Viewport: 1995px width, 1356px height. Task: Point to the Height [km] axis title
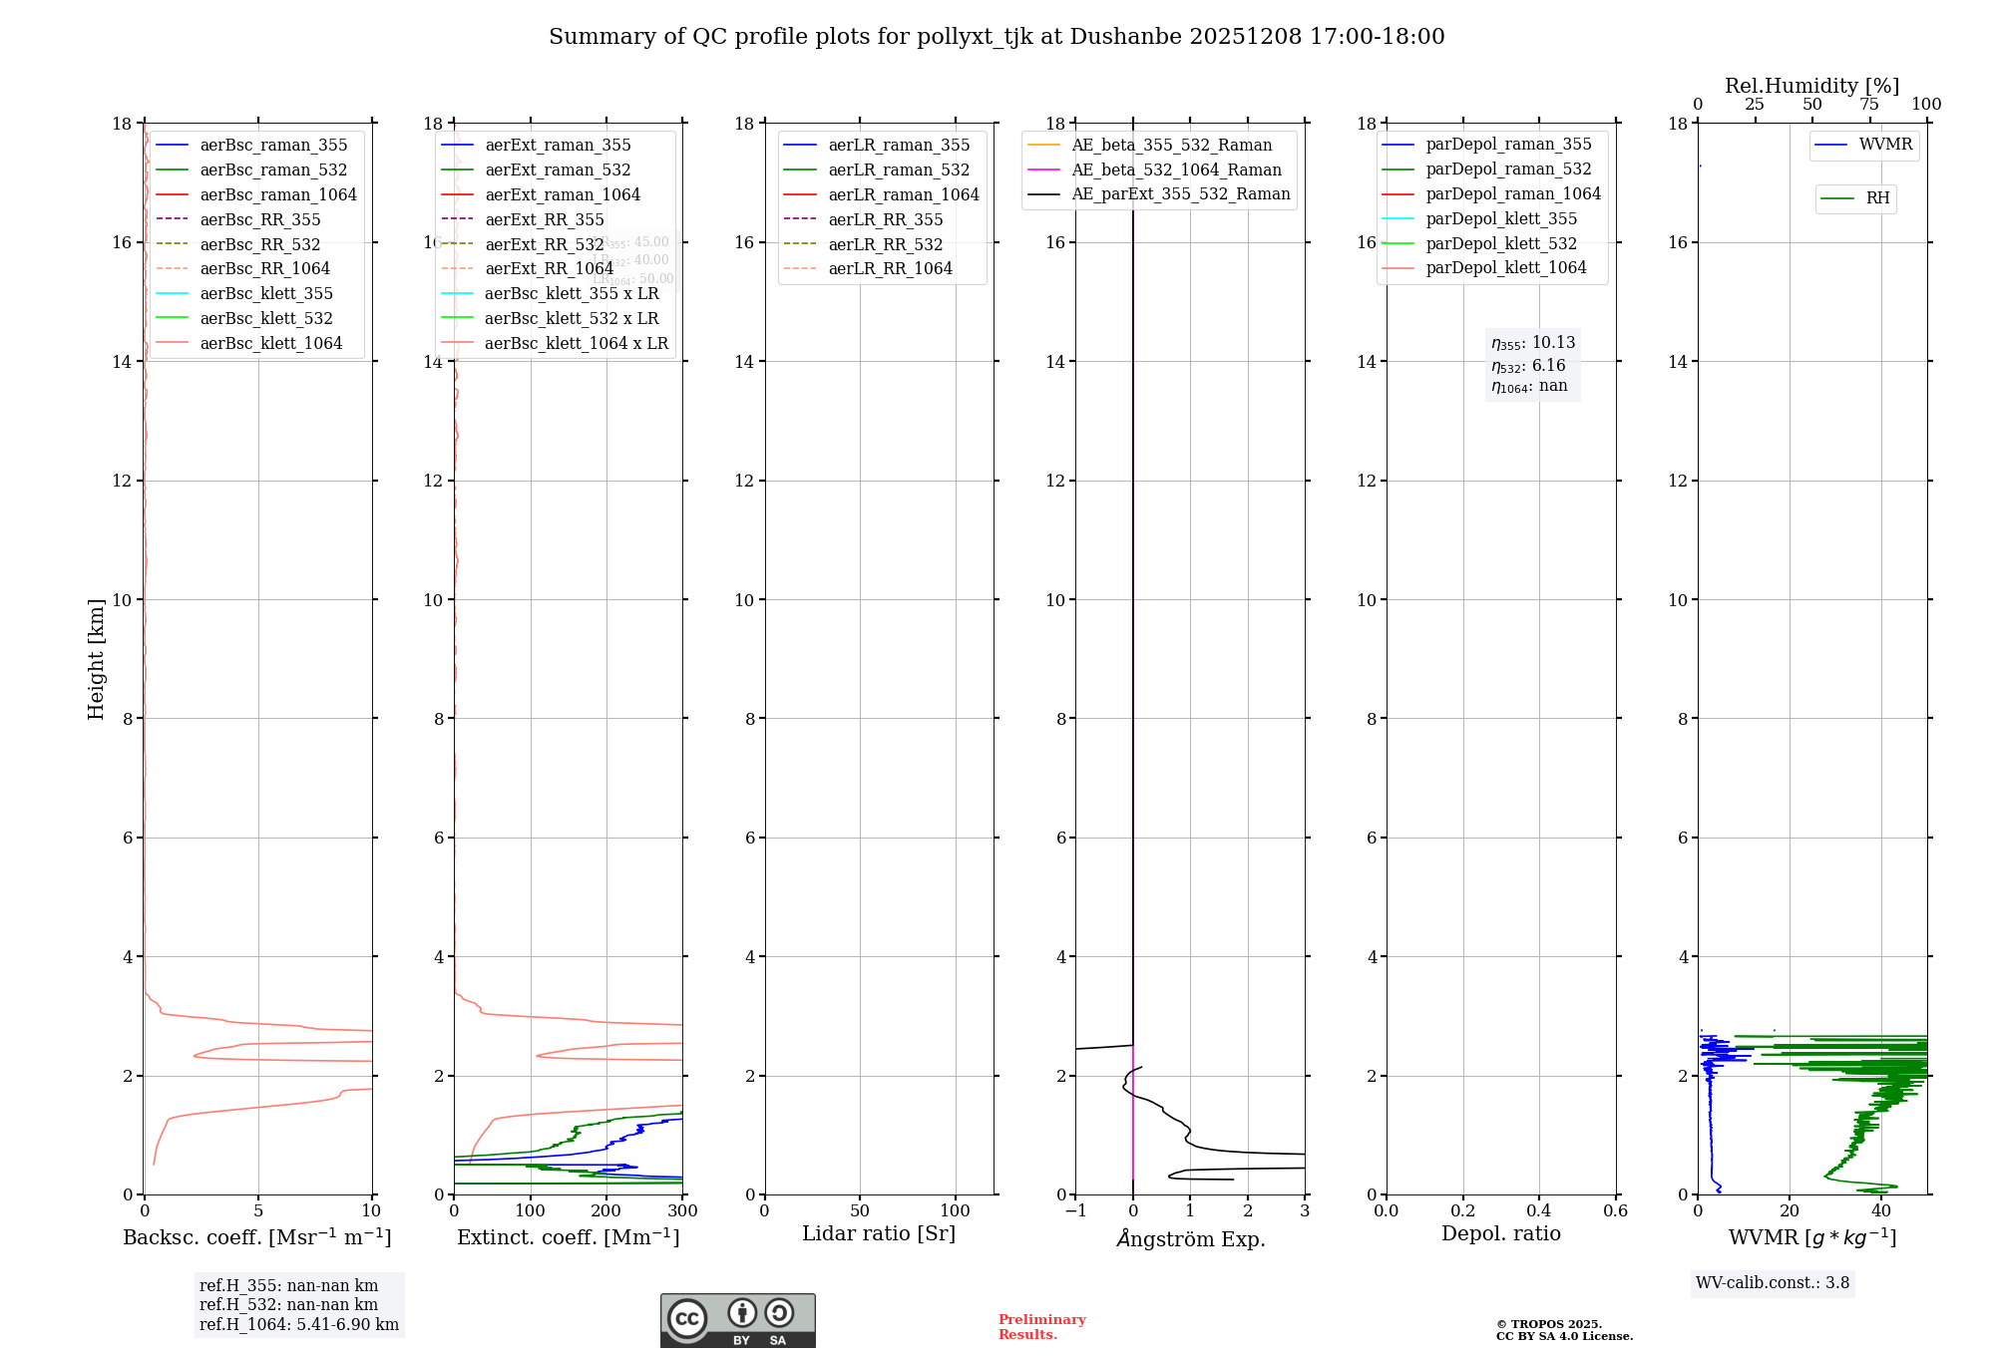tap(96, 658)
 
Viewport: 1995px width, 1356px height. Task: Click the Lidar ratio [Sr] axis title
tap(879, 1233)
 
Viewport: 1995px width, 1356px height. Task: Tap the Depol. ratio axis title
tap(1500, 1233)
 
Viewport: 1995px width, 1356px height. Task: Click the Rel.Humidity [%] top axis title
tap(1811, 86)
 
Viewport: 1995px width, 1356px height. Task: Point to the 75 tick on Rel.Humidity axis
tap(1869, 105)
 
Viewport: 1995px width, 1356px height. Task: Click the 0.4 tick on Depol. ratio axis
tap(1539, 1210)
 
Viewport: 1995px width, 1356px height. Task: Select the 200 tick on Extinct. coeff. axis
tap(606, 1210)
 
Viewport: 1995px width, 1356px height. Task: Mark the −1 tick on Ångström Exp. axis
tap(1074, 1210)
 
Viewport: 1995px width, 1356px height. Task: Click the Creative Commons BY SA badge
tap(737, 1320)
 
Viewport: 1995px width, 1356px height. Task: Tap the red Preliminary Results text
tap(1041, 1327)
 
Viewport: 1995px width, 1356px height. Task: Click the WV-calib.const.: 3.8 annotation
tap(1772, 1283)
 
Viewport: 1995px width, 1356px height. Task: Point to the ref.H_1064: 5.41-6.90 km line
tap(298, 1325)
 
